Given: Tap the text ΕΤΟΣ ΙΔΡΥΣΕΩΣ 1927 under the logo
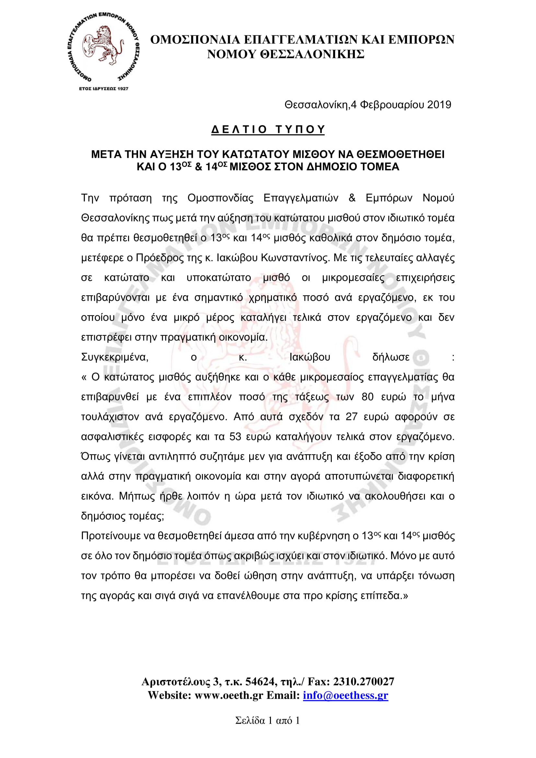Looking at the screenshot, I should pos(104,88).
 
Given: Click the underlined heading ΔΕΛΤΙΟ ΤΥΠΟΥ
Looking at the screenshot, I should pos(268,129).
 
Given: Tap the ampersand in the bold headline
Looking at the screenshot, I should pos(198,167).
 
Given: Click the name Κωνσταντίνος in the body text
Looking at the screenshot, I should pos(295,258).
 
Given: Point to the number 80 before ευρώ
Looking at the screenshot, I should pos(367,397).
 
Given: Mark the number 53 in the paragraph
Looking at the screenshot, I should pos(235,437).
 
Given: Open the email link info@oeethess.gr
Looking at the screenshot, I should pos(345,695).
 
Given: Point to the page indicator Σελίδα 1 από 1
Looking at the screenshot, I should pos(267,720).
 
